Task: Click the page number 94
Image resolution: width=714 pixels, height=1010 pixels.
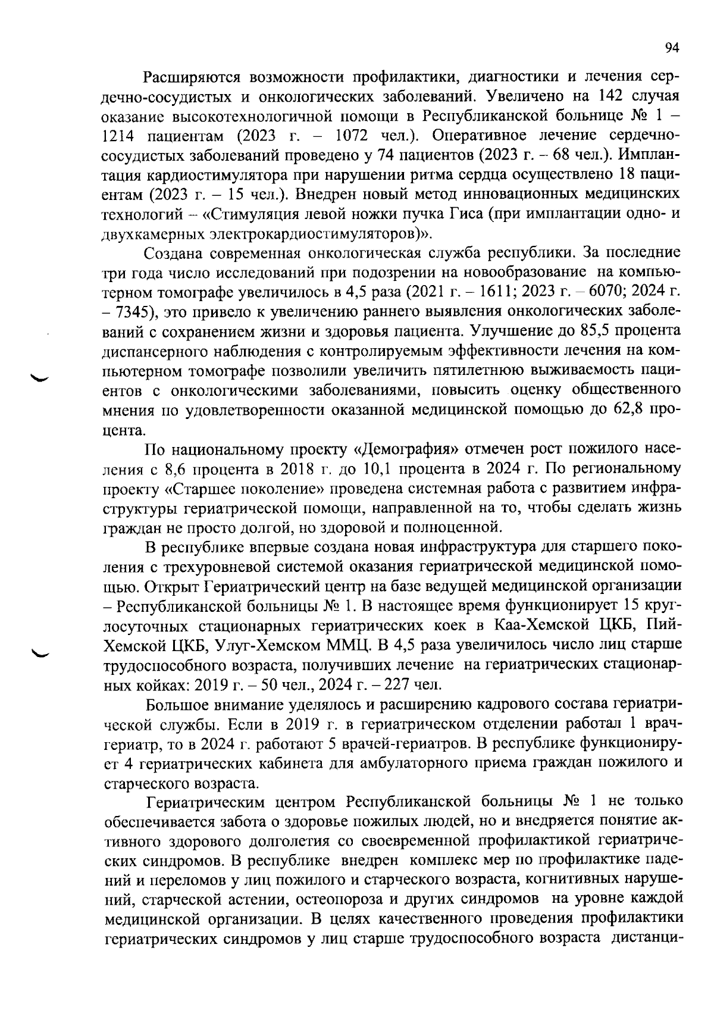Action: click(x=672, y=49)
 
